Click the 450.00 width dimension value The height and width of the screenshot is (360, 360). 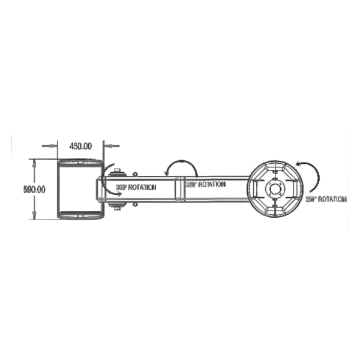pos(80,146)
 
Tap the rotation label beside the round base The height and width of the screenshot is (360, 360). pos(326,199)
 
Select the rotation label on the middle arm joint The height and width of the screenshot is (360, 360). pos(205,185)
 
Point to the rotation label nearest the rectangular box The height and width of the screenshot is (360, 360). pos(136,188)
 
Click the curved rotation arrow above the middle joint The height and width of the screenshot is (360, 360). pos(179,167)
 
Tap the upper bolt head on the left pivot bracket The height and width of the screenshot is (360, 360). pos(117,170)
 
